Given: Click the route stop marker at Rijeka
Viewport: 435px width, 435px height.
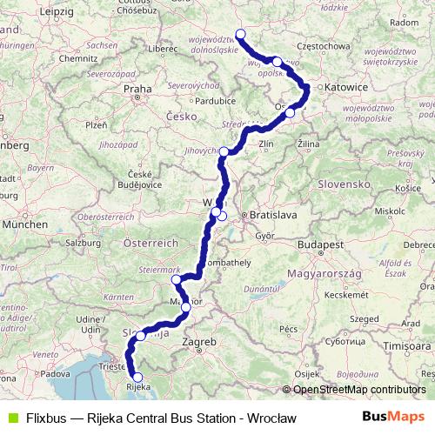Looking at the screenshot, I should click(x=136, y=378).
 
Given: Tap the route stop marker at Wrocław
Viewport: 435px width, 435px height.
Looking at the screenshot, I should click(x=241, y=35).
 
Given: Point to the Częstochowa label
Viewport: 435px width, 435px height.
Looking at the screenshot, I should click(x=347, y=45).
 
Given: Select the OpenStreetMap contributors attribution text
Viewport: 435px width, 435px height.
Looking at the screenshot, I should click(x=360, y=390).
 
